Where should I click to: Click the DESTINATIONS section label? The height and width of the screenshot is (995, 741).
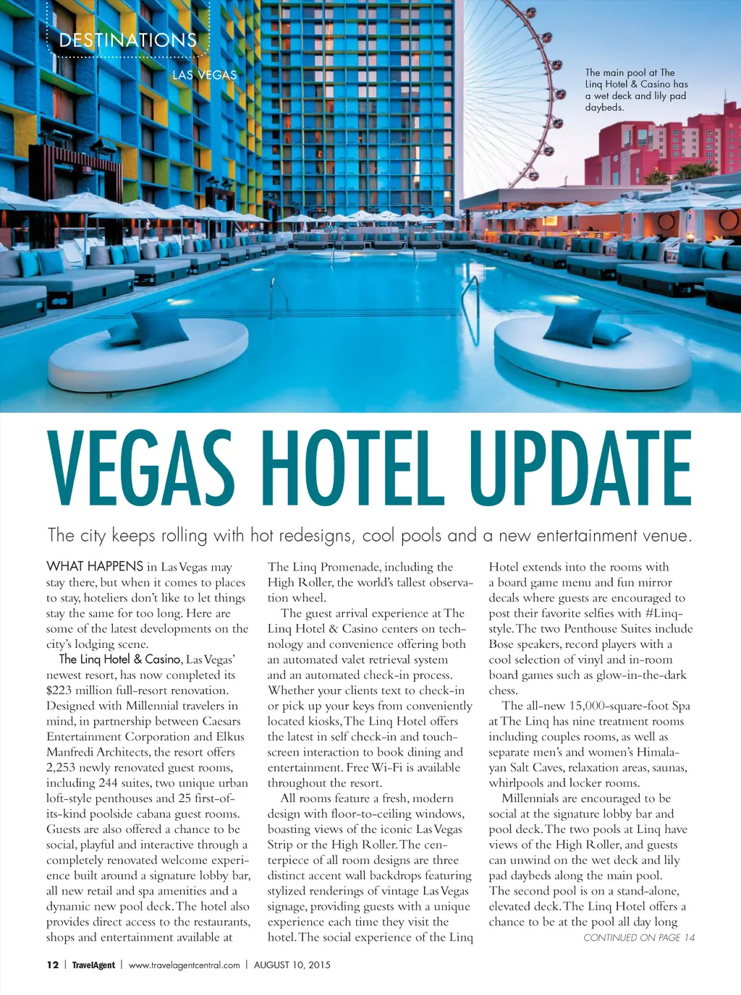tap(127, 40)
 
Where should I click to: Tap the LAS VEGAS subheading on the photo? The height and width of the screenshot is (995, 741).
tap(204, 75)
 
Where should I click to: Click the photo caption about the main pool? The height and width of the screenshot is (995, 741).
tap(636, 90)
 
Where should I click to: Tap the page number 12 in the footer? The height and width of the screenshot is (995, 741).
tap(52, 965)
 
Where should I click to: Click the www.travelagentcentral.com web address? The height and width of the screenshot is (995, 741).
tap(184, 965)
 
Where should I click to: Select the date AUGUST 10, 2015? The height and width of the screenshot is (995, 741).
tap(292, 965)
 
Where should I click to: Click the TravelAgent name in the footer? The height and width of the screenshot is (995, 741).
tap(93, 965)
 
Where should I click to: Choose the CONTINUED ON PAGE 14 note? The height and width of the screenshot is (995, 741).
tap(639, 938)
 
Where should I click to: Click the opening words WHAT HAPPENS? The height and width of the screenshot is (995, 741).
tap(95, 566)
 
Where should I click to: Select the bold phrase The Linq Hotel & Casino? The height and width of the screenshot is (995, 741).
tap(120, 659)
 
